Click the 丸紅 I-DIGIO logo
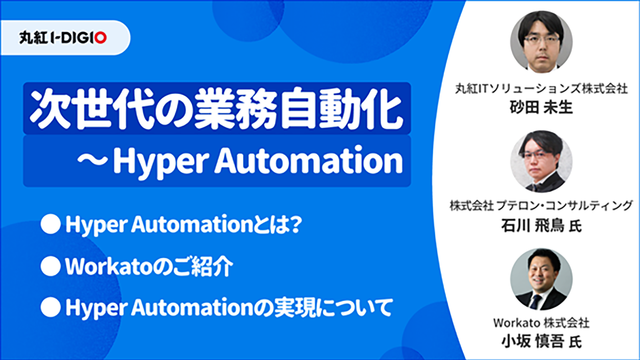coord(63,38)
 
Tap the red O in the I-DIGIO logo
coord(100,38)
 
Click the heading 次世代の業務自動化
coord(216,108)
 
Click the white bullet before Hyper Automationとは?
coord(50,224)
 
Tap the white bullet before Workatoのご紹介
coord(50,266)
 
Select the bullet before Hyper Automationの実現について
coord(50,308)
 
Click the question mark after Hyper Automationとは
coord(294,224)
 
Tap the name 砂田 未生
coord(542,108)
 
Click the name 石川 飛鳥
coord(533,226)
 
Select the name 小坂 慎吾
coord(533,342)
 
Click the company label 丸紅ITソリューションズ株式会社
coord(542,89)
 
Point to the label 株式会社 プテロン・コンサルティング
coord(542,206)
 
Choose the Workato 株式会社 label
coord(542,323)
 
